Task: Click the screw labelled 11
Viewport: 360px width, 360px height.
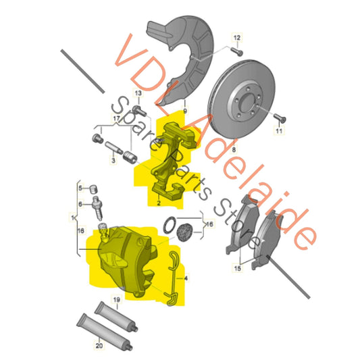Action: [282, 119]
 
